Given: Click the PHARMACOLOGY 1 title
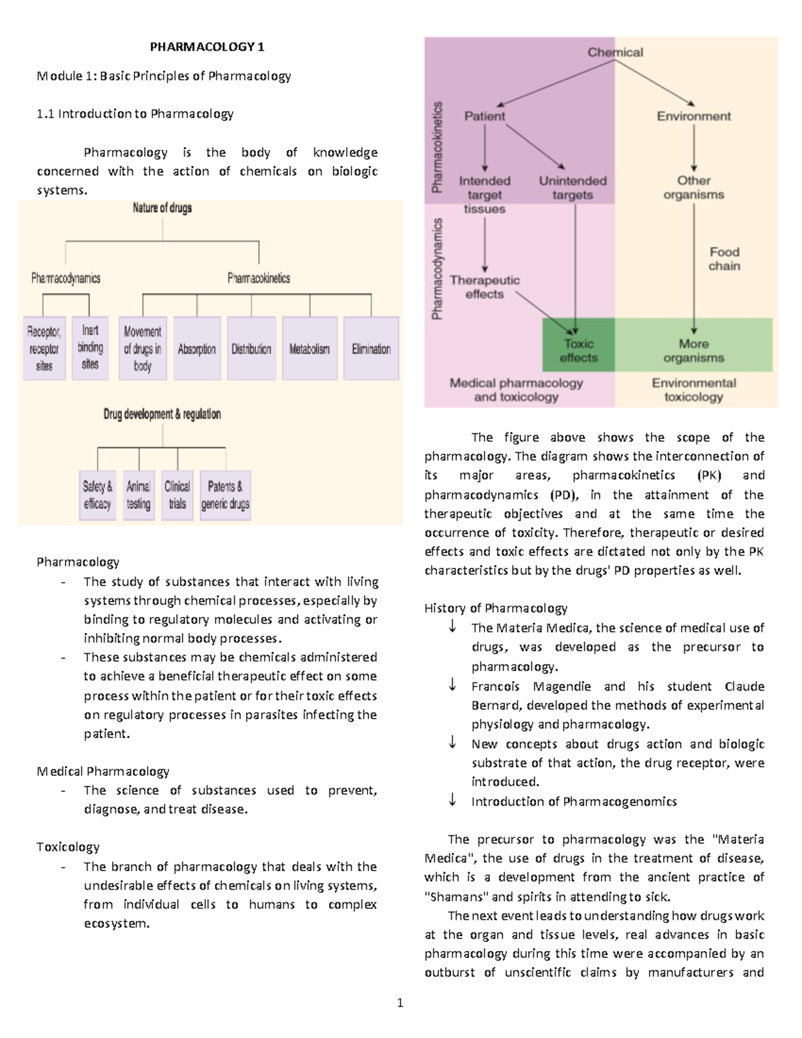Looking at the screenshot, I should point(207,47).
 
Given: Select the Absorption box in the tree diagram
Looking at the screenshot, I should point(196,349).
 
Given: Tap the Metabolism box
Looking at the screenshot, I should point(309,349).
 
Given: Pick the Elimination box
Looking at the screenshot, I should point(371,349).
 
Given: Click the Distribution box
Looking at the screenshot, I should point(251,349).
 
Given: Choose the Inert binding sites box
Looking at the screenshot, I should point(90,348).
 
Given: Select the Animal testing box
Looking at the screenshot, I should point(138,495).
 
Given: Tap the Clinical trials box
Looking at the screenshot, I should point(177,495).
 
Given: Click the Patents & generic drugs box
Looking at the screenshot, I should point(225,495).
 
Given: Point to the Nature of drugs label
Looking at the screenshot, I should point(162,208).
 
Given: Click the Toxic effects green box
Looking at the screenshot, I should point(578,351).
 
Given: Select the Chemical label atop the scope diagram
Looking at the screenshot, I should point(615,52).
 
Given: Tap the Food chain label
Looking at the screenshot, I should point(724,259).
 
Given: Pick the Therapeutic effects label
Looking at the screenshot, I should point(485,287).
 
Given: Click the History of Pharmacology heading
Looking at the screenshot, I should point(495,608).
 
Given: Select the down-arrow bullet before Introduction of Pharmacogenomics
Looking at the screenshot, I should point(452,800).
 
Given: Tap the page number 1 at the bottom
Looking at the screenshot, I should point(400,1003).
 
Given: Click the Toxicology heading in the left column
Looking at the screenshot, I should point(68,847).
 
